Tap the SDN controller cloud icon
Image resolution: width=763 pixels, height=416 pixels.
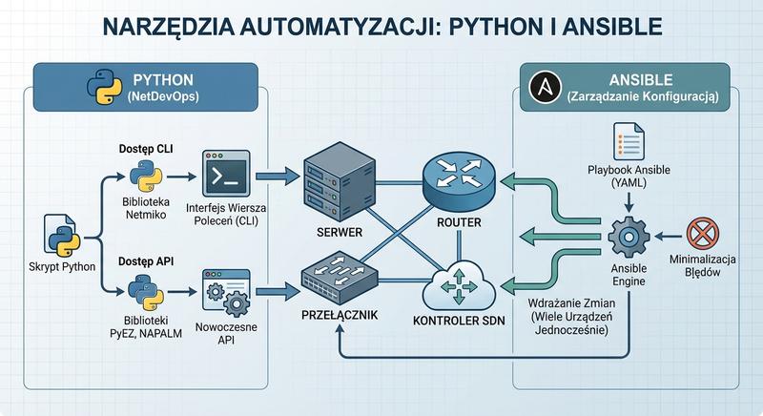460,282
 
